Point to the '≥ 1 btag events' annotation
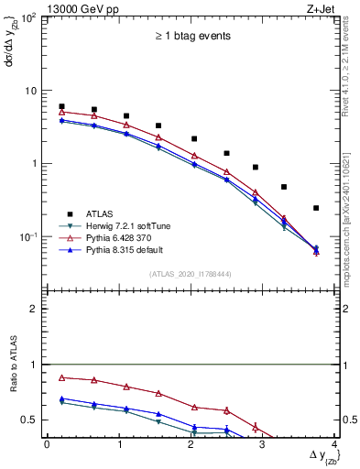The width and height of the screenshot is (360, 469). (x=191, y=36)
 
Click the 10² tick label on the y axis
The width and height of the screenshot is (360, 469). (x=29, y=19)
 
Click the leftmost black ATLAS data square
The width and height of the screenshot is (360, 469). (x=61, y=106)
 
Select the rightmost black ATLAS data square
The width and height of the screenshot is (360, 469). (x=316, y=208)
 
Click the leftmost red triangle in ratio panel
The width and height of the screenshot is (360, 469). (x=61, y=377)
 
